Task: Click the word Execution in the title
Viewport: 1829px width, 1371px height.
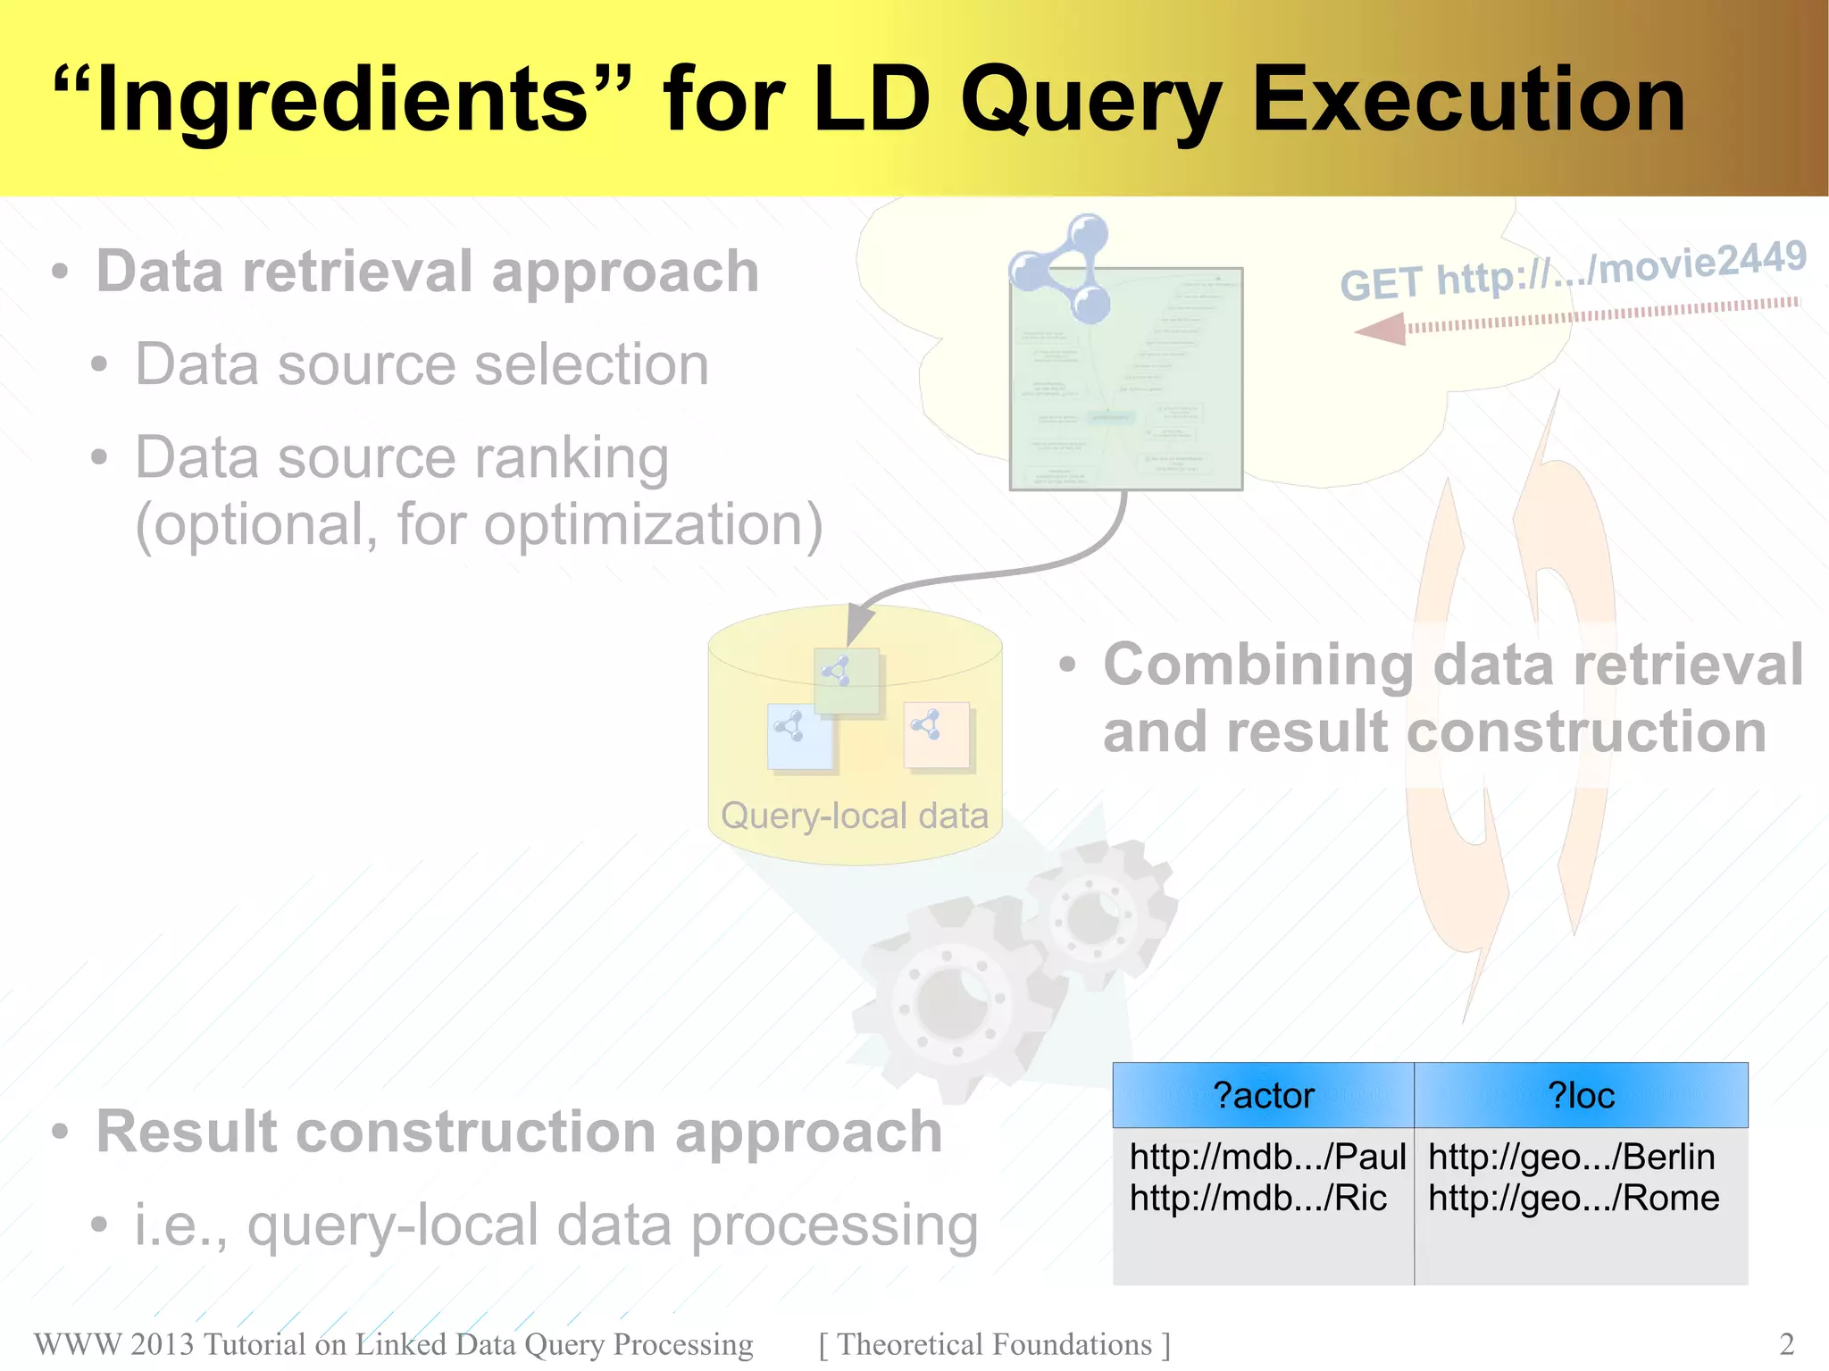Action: click(1468, 100)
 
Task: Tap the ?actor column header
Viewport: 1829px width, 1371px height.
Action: click(1263, 1095)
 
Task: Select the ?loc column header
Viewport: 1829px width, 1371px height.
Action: click(1581, 1095)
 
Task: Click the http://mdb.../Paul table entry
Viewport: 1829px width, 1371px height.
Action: click(1267, 1157)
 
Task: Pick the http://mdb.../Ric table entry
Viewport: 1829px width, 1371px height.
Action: click(1257, 1198)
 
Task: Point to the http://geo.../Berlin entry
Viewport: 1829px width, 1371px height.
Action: click(1571, 1157)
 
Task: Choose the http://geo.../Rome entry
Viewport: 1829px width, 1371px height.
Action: click(1574, 1198)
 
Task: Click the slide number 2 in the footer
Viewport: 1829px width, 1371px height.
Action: click(1786, 1344)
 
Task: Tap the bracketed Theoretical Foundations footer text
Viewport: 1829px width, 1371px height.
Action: click(994, 1344)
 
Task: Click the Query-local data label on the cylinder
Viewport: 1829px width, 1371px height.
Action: click(855, 815)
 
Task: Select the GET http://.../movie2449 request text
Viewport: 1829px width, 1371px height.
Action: click(1573, 271)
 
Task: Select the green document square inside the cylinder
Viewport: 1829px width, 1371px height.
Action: click(847, 681)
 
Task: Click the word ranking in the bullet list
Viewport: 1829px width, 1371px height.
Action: click(571, 458)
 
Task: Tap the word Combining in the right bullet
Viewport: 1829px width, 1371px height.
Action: click(1258, 665)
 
